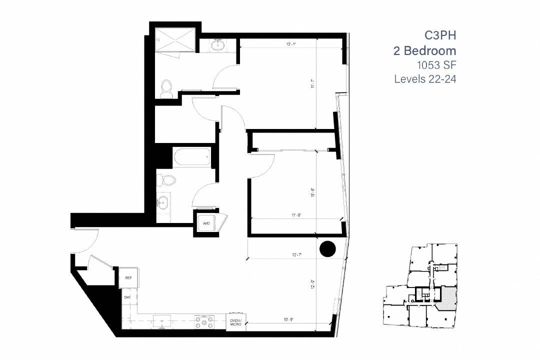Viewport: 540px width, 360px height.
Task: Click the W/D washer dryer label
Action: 206,223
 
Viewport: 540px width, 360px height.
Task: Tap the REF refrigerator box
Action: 128,277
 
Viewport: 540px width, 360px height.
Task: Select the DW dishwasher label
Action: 127,297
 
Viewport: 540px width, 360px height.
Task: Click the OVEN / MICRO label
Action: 235,322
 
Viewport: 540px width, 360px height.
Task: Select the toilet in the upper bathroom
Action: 166,89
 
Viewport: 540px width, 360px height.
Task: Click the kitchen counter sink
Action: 162,321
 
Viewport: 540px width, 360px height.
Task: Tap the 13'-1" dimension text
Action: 291,44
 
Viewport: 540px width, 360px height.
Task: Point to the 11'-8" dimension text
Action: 296,215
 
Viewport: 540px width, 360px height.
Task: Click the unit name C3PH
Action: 440,35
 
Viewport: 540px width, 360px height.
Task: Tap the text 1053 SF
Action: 436,64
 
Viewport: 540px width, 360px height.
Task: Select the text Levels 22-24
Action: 425,78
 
